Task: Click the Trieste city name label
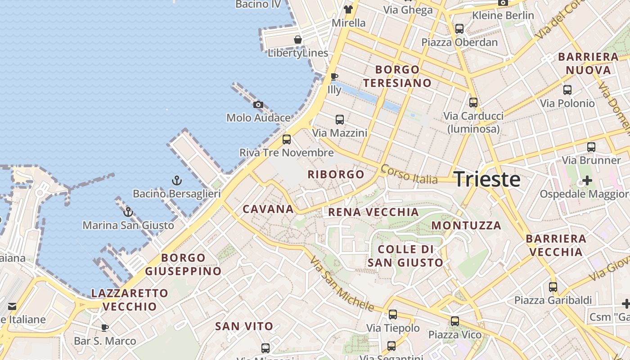click(487, 180)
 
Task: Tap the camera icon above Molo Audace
click(258, 105)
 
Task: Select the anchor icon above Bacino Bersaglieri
click(177, 181)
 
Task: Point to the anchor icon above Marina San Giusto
click(128, 211)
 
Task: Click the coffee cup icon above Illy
click(334, 77)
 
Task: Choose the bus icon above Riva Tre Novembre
click(287, 139)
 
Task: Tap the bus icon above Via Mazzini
click(340, 120)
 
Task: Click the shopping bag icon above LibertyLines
click(298, 40)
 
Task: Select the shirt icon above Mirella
click(348, 9)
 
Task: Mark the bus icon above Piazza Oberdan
click(459, 29)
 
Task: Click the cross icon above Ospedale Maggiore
click(587, 181)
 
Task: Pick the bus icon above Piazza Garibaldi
click(553, 287)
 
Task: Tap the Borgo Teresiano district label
click(397, 76)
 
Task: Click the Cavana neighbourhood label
click(268, 209)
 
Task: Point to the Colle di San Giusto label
click(405, 256)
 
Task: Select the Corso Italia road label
click(409, 174)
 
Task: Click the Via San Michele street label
click(342, 285)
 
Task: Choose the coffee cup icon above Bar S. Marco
click(105, 328)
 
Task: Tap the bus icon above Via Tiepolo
click(393, 315)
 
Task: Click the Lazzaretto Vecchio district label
click(130, 300)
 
